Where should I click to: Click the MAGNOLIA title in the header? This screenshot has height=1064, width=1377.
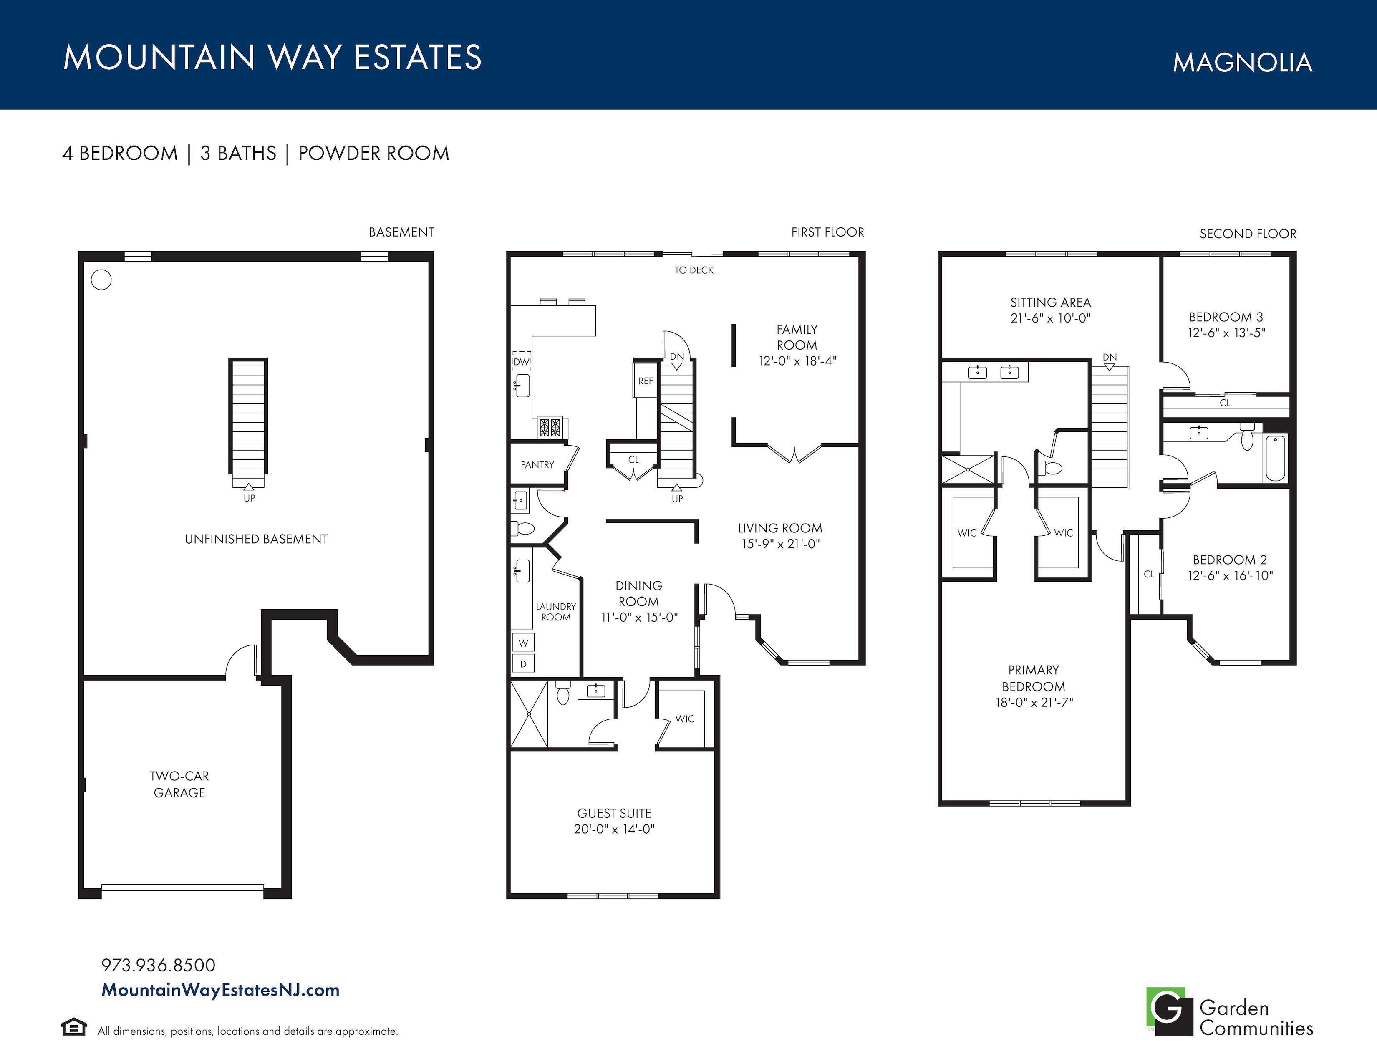1242,63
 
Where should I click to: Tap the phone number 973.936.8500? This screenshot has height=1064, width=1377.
158,965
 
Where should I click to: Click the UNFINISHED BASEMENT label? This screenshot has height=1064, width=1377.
256,539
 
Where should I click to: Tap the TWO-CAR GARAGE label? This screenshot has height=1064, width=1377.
180,784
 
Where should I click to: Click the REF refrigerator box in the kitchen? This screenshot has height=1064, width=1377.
646,380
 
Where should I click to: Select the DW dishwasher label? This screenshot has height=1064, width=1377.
522,362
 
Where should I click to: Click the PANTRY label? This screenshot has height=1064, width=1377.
537,464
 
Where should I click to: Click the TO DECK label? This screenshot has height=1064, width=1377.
694,270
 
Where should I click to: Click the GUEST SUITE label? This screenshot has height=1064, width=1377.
614,814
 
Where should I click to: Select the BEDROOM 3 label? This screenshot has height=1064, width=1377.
1226,317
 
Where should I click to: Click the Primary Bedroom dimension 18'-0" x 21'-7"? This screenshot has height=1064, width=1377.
1034,702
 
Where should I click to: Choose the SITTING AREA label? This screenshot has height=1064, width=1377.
1050,303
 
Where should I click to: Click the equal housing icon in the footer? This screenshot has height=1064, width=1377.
74,1027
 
